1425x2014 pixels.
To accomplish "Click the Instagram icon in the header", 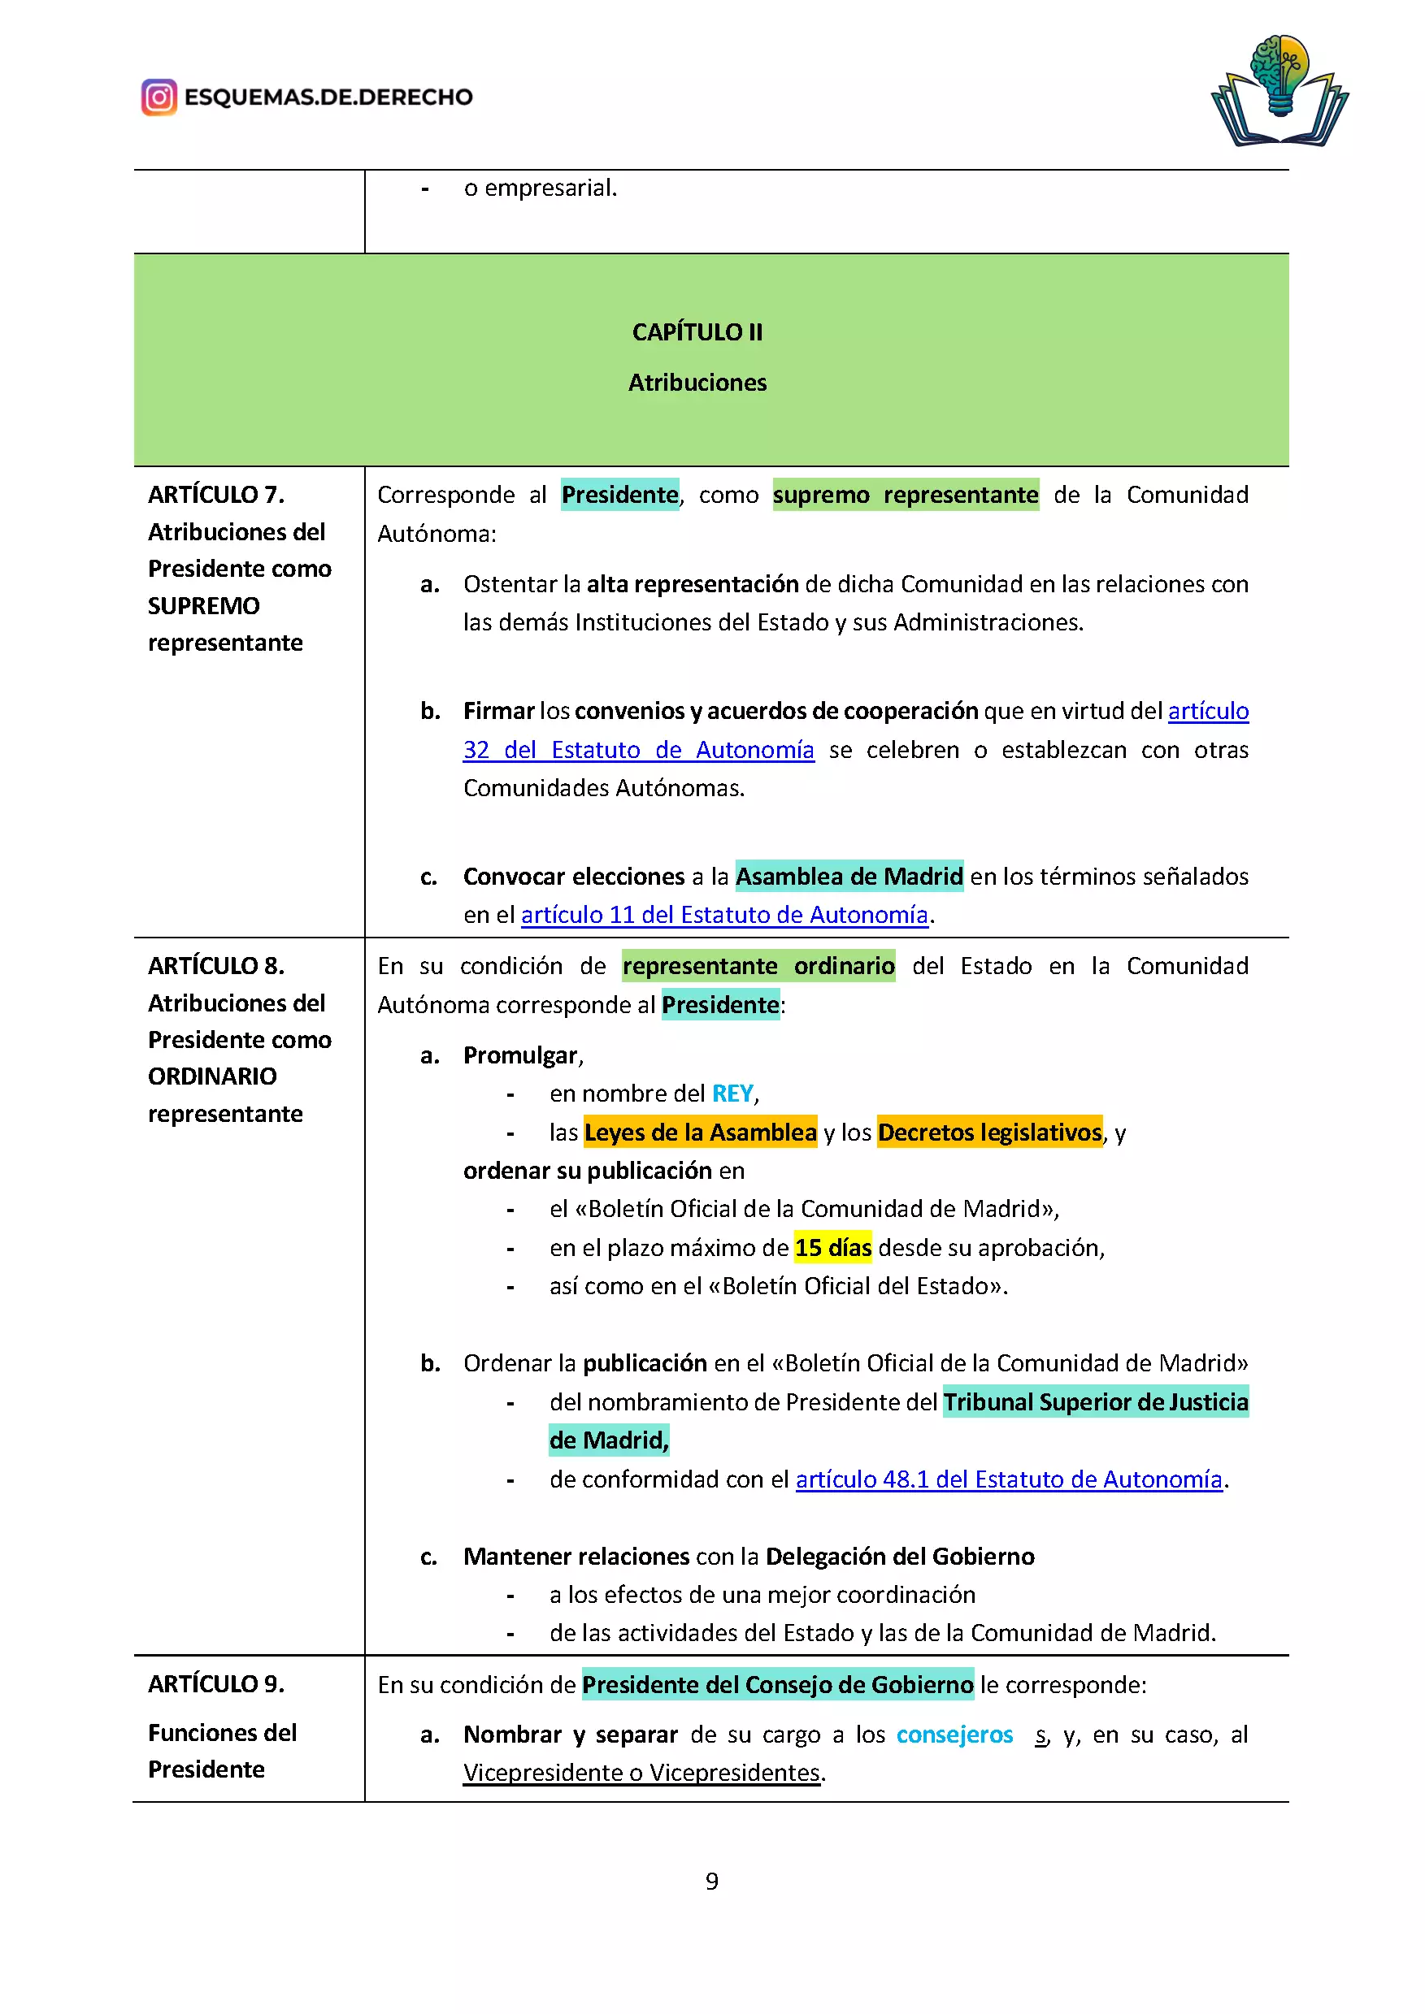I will (x=159, y=97).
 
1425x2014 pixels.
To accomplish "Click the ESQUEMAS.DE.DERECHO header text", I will (x=328, y=97).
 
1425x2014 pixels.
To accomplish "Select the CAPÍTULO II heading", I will (x=697, y=332).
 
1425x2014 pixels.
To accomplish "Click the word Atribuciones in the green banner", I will (x=697, y=383).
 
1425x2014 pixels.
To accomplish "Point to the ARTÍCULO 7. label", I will (x=216, y=495).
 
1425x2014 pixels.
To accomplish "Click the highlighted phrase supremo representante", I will (x=905, y=495).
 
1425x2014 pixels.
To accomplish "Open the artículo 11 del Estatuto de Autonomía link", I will (x=724, y=915).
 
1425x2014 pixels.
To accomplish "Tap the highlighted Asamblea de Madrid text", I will (x=849, y=877).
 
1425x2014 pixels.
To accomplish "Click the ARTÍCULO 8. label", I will (x=216, y=966).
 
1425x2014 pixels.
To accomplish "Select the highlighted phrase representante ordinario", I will (x=758, y=966).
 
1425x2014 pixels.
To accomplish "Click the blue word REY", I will (x=732, y=1093).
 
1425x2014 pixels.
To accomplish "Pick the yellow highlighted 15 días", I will (x=832, y=1247).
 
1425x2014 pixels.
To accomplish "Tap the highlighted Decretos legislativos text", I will (x=989, y=1133).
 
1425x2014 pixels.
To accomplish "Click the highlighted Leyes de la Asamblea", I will (x=700, y=1133).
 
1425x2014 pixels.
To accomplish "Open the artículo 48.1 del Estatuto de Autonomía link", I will (x=1008, y=1479).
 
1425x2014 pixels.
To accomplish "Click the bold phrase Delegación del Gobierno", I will (x=899, y=1556).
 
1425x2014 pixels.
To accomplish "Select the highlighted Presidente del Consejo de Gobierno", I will (x=777, y=1684).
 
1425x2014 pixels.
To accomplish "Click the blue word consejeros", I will (x=954, y=1735).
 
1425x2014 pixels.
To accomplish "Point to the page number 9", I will (x=711, y=1881).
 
